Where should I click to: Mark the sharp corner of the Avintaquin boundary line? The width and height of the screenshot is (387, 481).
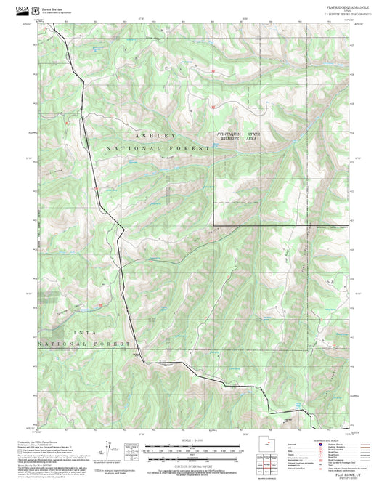(x=214, y=225)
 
